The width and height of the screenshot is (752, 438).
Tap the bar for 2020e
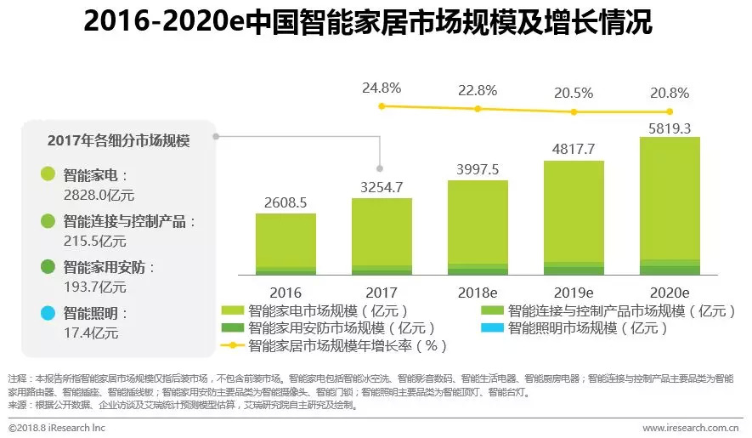click(669, 204)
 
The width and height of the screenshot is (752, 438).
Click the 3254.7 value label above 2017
click(381, 186)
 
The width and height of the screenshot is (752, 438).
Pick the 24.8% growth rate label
click(382, 88)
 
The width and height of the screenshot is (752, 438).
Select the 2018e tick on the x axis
click(478, 292)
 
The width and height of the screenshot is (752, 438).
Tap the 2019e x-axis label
click(574, 292)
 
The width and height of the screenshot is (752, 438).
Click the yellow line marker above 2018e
click(478, 109)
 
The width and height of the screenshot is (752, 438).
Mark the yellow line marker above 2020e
click(670, 111)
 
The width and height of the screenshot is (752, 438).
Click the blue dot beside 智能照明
click(48, 313)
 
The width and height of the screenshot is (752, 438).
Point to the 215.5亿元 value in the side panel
click(94, 241)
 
